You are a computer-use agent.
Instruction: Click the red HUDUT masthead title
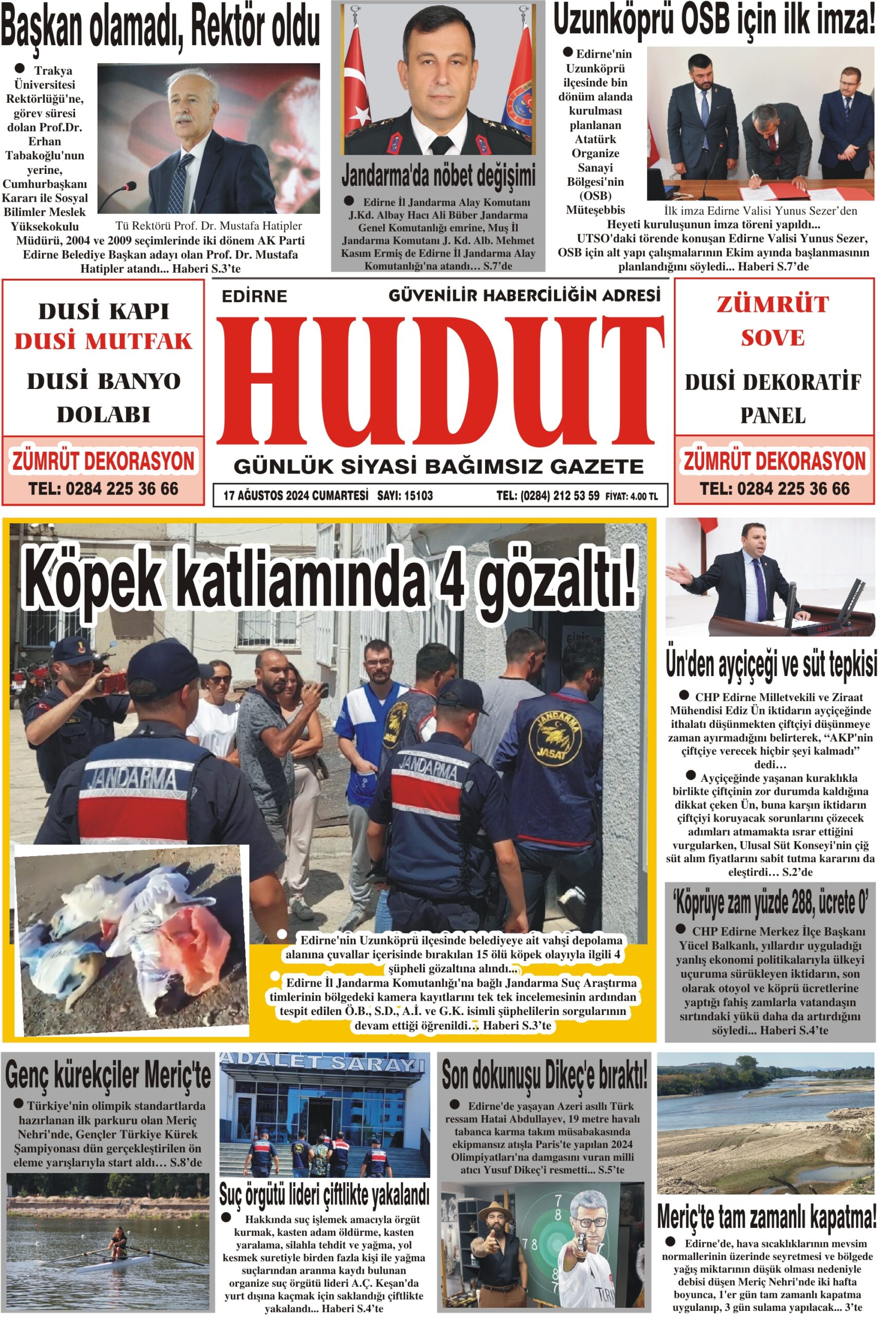pos(440,379)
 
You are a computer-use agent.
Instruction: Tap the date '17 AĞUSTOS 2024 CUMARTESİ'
pos(295,495)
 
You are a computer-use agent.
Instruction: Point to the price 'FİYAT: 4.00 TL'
pos(631,496)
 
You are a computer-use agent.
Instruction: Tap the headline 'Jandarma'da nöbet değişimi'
pos(438,175)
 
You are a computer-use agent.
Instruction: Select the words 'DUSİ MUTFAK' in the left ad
pos(103,341)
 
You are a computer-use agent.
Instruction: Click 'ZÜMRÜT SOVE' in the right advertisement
pos(773,321)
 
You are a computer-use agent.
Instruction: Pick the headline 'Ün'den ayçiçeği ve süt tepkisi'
pos(771,665)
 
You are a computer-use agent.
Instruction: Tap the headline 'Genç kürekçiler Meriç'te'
pos(107,1075)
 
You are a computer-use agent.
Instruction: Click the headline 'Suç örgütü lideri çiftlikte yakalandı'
pos(324,1196)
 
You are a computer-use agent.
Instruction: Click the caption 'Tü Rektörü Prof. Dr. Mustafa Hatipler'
pos(208,226)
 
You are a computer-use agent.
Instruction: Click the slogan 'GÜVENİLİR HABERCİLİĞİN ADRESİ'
pos(524,295)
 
